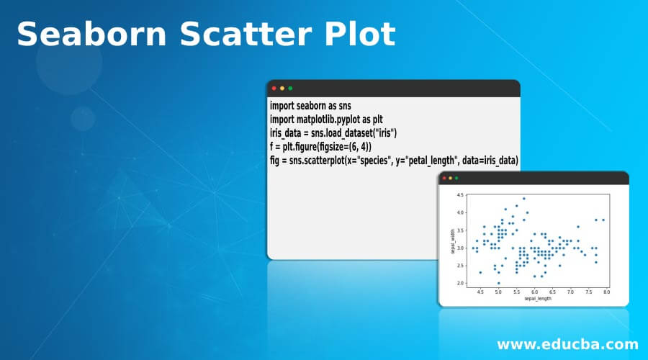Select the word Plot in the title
pos(359,33)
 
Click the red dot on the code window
pos(274,88)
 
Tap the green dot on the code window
pos(290,88)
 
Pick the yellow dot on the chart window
pos(452,178)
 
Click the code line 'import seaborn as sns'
pos(310,105)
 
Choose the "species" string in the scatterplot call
pos(378,160)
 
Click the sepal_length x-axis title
pos(538,298)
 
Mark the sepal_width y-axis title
pos(452,241)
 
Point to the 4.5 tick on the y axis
pos(461,195)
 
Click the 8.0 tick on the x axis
pos(606,292)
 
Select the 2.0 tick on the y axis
pos(461,284)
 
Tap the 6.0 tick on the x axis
pos(534,292)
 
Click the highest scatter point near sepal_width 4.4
pos(523,199)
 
